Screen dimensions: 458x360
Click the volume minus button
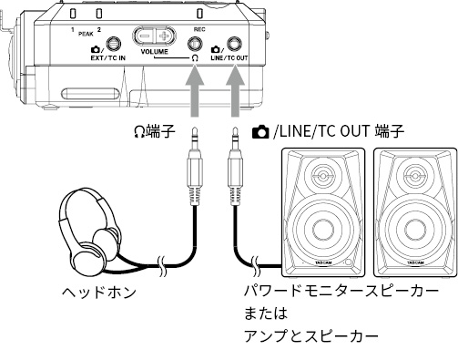144,36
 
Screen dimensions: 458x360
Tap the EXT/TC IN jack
113,44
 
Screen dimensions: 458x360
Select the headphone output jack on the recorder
195,45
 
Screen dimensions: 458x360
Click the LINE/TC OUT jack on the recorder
235,44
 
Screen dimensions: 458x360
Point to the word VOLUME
154,52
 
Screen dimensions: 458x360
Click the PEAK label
86,34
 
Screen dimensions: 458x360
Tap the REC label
199,29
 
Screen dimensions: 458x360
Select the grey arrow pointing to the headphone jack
195,91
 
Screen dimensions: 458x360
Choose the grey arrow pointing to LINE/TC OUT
235,91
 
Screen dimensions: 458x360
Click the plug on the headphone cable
195,167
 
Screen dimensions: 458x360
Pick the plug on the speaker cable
235,167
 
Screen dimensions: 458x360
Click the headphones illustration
91,232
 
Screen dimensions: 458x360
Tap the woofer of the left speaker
322,230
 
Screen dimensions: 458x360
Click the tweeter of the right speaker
414,175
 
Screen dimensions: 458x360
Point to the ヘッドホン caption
99,293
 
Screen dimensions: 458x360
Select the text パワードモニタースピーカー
341,291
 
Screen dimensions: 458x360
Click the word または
266,314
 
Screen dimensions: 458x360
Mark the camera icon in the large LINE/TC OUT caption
260,132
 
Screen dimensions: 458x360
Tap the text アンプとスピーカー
311,336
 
